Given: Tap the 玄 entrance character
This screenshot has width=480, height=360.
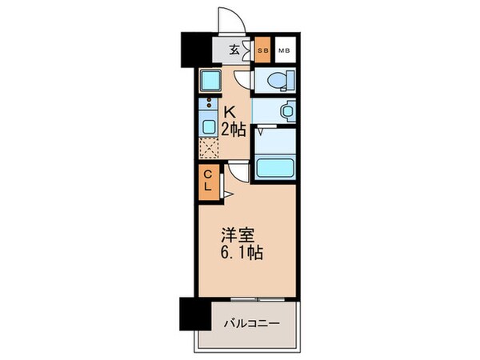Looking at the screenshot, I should click(235, 50).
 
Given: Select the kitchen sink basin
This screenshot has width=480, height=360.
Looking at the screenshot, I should click(207, 126).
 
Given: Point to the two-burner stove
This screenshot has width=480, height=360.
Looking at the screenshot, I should click(207, 103).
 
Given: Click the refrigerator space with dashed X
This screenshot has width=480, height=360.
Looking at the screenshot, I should click(208, 149).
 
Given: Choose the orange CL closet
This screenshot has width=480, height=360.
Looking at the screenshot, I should click(206, 180).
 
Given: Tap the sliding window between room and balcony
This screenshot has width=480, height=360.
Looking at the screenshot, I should click(248, 300).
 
